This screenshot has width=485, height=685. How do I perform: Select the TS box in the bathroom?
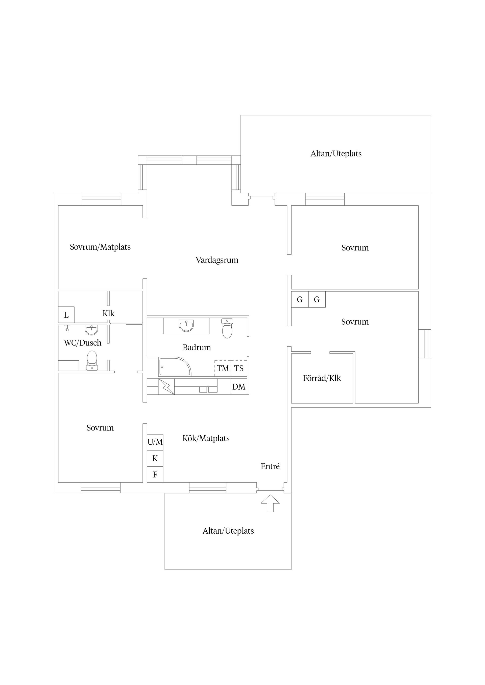[239, 368]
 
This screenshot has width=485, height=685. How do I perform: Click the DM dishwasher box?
[239, 387]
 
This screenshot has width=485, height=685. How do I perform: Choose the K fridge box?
[155, 458]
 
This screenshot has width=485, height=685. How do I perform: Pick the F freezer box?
[155, 474]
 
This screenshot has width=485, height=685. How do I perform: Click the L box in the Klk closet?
[66, 315]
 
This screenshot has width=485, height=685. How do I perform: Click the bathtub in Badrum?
[175, 366]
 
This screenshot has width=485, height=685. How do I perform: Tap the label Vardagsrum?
[217, 260]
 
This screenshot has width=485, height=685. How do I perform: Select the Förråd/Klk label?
[322, 378]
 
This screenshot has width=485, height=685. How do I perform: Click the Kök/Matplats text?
[206, 438]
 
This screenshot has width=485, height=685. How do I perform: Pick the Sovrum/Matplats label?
[100, 247]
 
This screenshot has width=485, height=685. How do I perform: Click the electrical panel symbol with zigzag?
[166, 387]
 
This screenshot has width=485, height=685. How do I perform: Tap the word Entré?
[270, 466]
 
